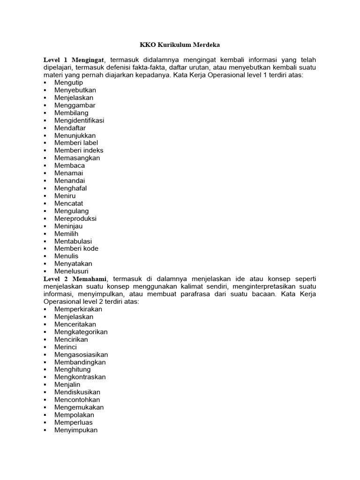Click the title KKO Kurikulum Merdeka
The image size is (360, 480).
pyautogui.click(x=180, y=45)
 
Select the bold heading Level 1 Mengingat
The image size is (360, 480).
pyautogui.click(x=75, y=60)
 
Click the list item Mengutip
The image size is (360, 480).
pyautogui.click(x=68, y=82)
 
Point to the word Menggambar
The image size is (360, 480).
pyautogui.click(x=75, y=105)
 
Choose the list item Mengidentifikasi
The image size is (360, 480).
pyautogui.click(x=79, y=120)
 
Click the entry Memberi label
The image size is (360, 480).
pyautogui.click(x=76, y=143)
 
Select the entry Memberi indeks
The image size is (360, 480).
pyautogui.click(x=79, y=150)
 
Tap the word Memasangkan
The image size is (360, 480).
pyautogui.click(x=77, y=158)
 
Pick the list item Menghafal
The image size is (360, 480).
pyautogui.click(x=70, y=188)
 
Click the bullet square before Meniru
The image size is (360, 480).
pyautogui.click(x=45, y=196)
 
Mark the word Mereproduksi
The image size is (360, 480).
pyautogui.click(x=75, y=218)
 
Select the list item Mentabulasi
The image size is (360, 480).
pyautogui.click(x=73, y=241)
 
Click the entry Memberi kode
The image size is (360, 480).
pyautogui.click(x=76, y=248)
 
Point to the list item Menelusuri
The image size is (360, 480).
pyautogui.click(x=71, y=271)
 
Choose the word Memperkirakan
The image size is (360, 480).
pyautogui.click(x=78, y=309)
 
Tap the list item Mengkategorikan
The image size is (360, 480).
pyautogui.click(x=81, y=332)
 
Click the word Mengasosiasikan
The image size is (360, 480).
pyautogui.click(x=81, y=354)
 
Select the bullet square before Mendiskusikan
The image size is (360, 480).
pyautogui.click(x=45, y=392)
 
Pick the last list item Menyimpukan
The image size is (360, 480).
pyautogui.click(x=76, y=430)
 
